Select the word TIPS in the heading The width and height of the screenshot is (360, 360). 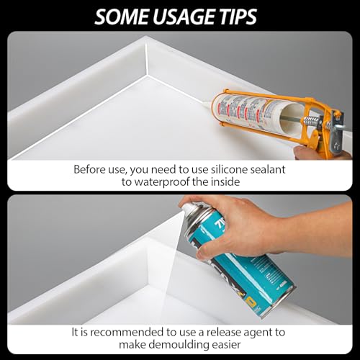point(244,15)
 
